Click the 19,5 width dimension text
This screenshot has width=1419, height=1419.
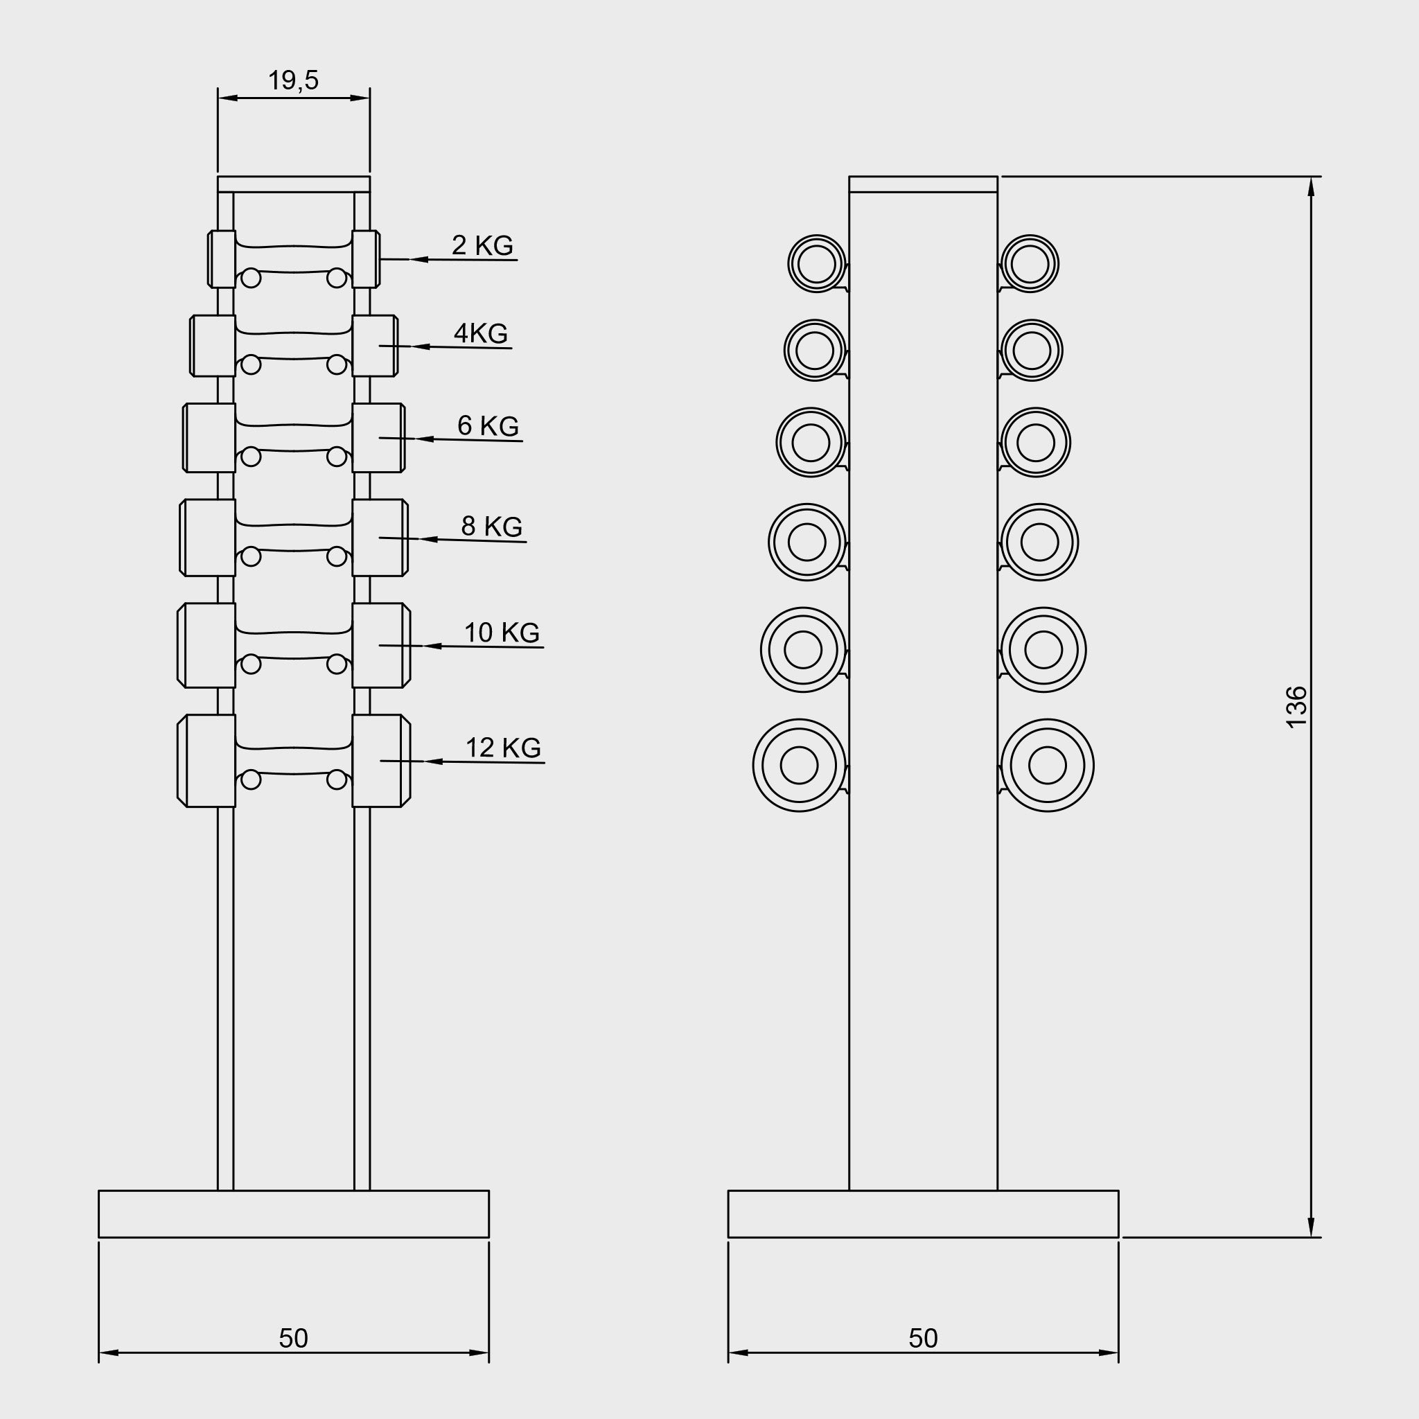(293, 80)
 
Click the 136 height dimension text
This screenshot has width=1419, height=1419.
(1296, 707)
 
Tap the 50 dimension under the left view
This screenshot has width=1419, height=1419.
(293, 1338)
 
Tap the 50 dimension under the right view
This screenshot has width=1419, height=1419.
(922, 1338)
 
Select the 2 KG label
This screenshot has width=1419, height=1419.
(482, 245)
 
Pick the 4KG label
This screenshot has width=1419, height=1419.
(480, 333)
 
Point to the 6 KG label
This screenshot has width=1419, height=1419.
(488, 425)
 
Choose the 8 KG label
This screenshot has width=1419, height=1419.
(491, 526)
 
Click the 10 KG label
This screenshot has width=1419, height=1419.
(502, 632)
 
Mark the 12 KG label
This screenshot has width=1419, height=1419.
(503, 747)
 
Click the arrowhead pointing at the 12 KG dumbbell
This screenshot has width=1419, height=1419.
(432, 761)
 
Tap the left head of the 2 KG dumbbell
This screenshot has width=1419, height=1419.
(222, 258)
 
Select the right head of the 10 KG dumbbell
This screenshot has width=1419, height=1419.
(380, 646)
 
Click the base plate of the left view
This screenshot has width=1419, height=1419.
(293, 1213)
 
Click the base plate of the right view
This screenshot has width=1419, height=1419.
(922, 1213)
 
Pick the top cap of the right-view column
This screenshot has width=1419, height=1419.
(922, 184)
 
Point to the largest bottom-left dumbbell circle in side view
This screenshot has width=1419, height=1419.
(799, 765)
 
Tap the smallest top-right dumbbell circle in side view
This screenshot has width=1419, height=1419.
(1029, 264)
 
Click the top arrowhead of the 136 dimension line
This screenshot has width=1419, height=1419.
(1311, 186)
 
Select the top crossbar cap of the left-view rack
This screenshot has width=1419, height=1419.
(293, 184)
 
